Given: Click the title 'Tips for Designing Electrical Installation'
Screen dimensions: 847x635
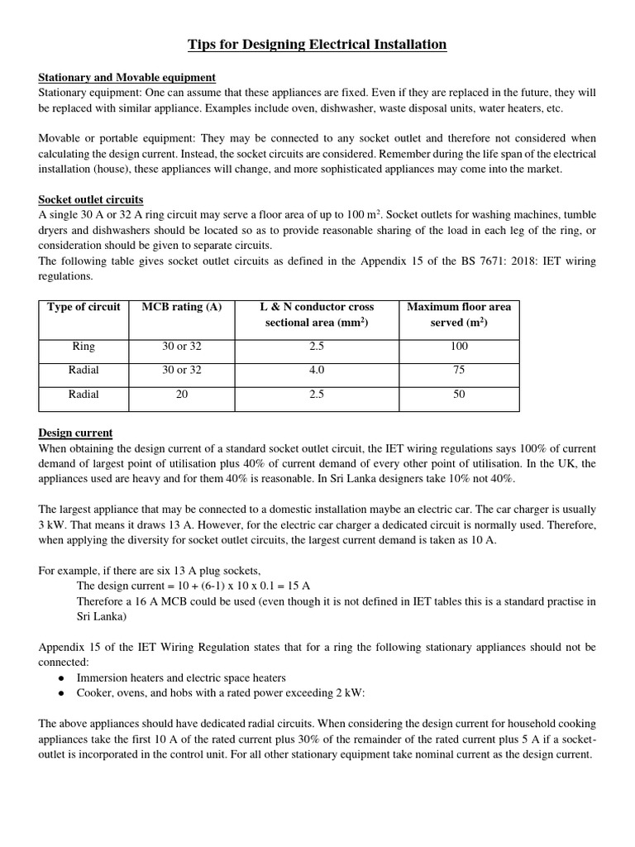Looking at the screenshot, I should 317,44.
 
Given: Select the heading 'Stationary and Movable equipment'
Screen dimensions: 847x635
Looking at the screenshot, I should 127,77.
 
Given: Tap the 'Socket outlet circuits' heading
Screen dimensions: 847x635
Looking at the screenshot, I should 90,200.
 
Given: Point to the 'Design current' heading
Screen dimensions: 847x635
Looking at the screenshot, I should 75,433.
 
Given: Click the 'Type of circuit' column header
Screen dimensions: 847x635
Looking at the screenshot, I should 84,307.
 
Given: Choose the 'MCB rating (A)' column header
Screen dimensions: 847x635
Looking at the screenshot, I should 182,307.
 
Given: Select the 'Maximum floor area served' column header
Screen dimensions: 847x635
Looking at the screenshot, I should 459,314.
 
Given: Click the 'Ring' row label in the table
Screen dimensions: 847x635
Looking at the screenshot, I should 84,347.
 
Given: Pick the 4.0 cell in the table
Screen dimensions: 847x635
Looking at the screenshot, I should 317,371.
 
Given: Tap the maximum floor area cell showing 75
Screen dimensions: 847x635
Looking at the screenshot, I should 459,371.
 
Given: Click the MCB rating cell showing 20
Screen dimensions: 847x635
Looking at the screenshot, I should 182,395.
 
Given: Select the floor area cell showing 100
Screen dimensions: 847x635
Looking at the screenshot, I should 459,347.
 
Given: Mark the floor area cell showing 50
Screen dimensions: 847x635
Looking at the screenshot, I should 459,395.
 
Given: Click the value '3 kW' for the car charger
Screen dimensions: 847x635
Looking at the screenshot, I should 52,524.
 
